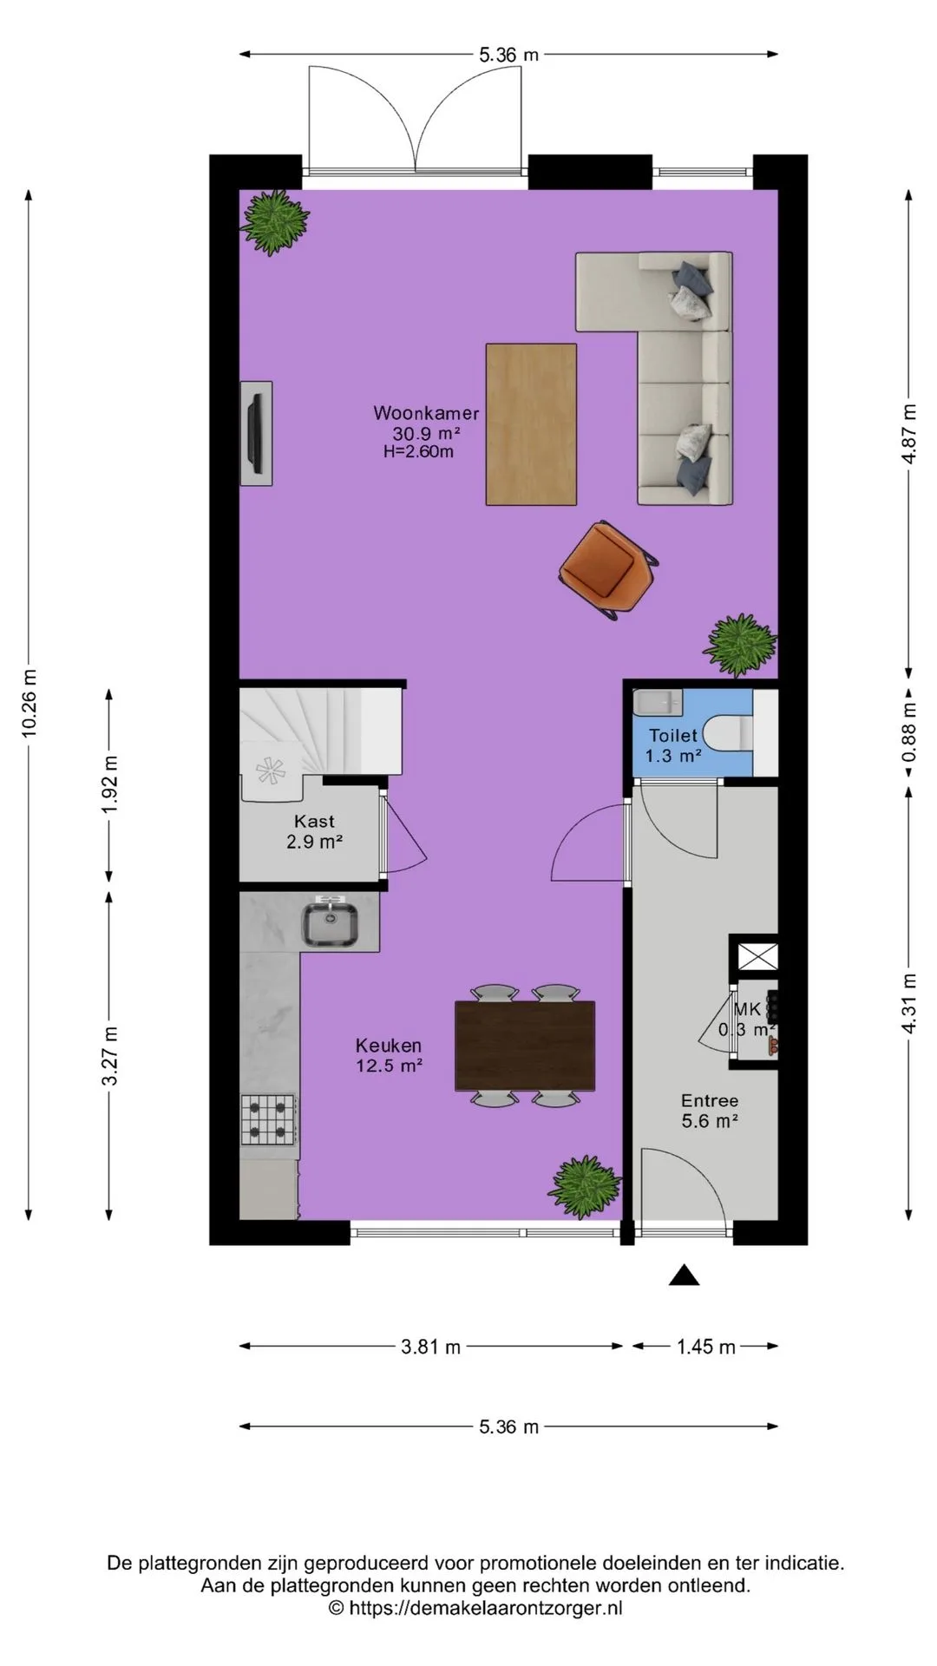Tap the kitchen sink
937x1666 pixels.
tap(331, 923)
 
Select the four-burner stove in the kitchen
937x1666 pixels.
tap(269, 1120)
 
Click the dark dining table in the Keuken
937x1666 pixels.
tap(525, 1045)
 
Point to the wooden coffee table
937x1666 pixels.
tap(531, 424)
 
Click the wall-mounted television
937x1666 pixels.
tap(256, 433)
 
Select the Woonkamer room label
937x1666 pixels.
tap(426, 413)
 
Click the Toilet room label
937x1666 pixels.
tap(672, 736)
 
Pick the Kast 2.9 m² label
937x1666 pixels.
tap(314, 830)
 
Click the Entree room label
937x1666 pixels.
tap(709, 1101)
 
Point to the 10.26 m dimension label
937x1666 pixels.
tap(29, 702)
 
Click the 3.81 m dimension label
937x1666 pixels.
tap(431, 1347)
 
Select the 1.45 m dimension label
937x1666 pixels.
tap(706, 1347)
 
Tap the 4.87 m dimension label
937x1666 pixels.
tap(909, 434)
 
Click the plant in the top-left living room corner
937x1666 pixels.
tap(274, 222)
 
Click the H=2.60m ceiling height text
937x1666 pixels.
tap(418, 451)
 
